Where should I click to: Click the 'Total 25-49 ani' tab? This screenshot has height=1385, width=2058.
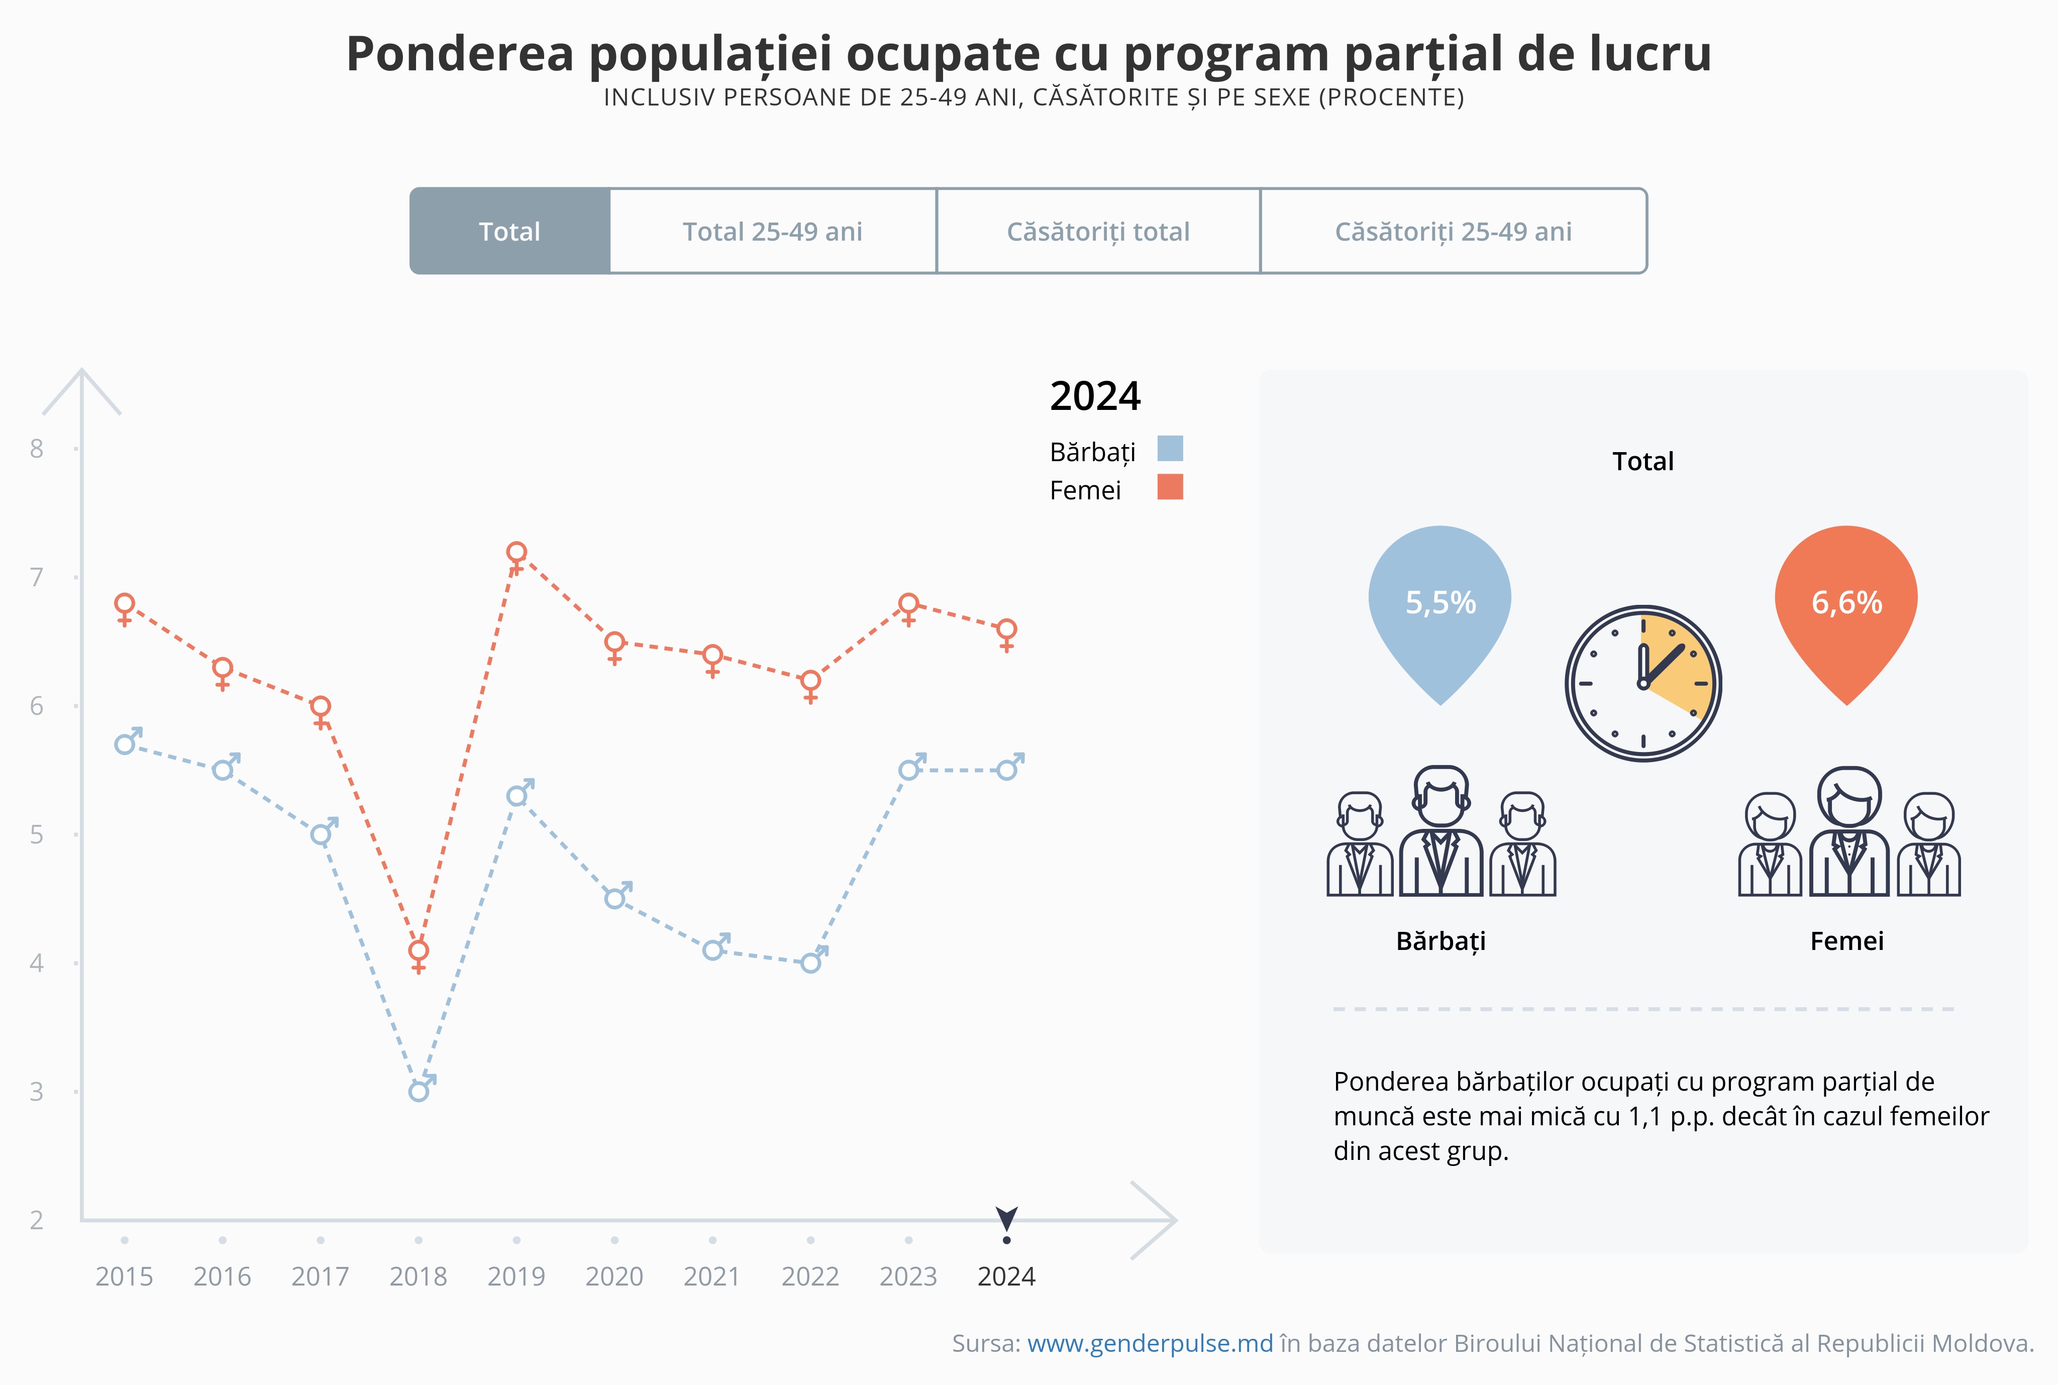tap(772, 232)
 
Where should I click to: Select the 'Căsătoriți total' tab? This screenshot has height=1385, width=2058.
tap(1098, 232)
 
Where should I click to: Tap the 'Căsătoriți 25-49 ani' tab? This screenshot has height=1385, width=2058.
tap(1453, 232)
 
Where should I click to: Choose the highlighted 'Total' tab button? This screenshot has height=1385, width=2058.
tap(509, 232)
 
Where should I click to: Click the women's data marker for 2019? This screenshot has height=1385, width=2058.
tap(517, 553)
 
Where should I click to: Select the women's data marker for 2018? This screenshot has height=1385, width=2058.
tap(419, 951)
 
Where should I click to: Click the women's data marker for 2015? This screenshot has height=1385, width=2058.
tap(125, 605)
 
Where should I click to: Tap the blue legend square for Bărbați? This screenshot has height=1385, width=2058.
tap(1170, 449)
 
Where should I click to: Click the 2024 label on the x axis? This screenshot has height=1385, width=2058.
tap(1006, 1276)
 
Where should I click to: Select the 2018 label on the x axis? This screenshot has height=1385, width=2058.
tap(419, 1276)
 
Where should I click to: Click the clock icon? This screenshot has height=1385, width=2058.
tap(1643, 683)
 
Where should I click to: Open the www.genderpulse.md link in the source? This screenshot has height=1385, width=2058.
tap(1150, 1343)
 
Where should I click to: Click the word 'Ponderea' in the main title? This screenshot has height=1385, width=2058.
tap(459, 55)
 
